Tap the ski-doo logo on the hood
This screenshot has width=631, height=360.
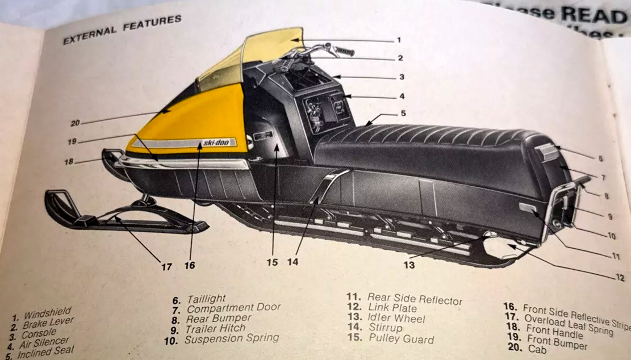(216, 143)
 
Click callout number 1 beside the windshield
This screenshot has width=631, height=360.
(399, 40)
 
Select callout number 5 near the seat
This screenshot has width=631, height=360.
(403, 113)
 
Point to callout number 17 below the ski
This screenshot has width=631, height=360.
(166, 266)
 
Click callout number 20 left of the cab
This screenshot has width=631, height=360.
(76, 122)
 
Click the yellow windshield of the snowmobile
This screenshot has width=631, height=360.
(273, 48)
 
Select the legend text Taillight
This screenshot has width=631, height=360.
(206, 298)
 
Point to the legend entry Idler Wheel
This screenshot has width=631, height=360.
(396, 318)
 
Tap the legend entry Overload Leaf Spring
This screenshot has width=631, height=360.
(569, 324)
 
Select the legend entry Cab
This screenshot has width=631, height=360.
(537, 350)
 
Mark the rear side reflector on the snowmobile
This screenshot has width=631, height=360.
(528, 208)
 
